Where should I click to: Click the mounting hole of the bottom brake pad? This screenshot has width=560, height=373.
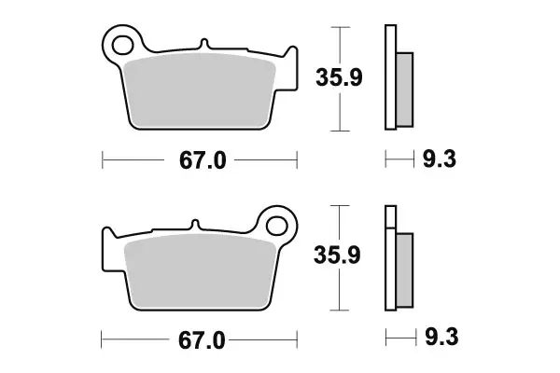tap(277, 224)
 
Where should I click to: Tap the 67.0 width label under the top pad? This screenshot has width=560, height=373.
tap(203, 161)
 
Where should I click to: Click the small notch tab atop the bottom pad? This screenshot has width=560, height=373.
tap(193, 225)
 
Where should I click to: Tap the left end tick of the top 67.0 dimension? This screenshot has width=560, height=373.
tap(102, 161)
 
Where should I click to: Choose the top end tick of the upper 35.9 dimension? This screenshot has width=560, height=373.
tap(343, 27)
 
